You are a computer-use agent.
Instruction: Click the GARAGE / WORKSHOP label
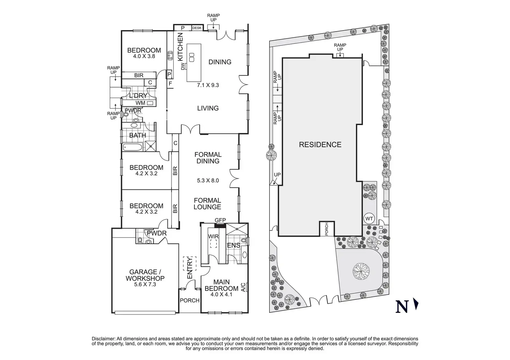[145, 275]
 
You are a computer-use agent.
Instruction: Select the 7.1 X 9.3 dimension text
[208, 85]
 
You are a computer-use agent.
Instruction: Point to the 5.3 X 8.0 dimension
[208, 180]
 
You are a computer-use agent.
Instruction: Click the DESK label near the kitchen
[197, 28]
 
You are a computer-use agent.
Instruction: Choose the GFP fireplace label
[220, 220]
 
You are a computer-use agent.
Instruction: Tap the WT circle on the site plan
[369, 219]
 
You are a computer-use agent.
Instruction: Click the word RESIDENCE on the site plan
[320, 145]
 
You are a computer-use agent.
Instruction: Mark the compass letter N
[402, 307]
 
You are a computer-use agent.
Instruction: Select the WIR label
[213, 236]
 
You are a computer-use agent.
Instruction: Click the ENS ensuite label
[234, 245]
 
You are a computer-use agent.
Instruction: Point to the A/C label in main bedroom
[243, 287]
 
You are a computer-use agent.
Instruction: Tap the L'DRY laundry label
[138, 96]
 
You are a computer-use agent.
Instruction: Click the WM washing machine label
[140, 103]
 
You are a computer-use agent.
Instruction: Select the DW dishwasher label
[183, 66]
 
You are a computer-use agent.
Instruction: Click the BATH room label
[138, 135]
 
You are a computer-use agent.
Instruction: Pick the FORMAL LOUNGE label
[208, 204]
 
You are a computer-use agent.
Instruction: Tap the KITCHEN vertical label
[180, 47]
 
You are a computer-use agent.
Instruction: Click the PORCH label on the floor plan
[190, 300]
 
